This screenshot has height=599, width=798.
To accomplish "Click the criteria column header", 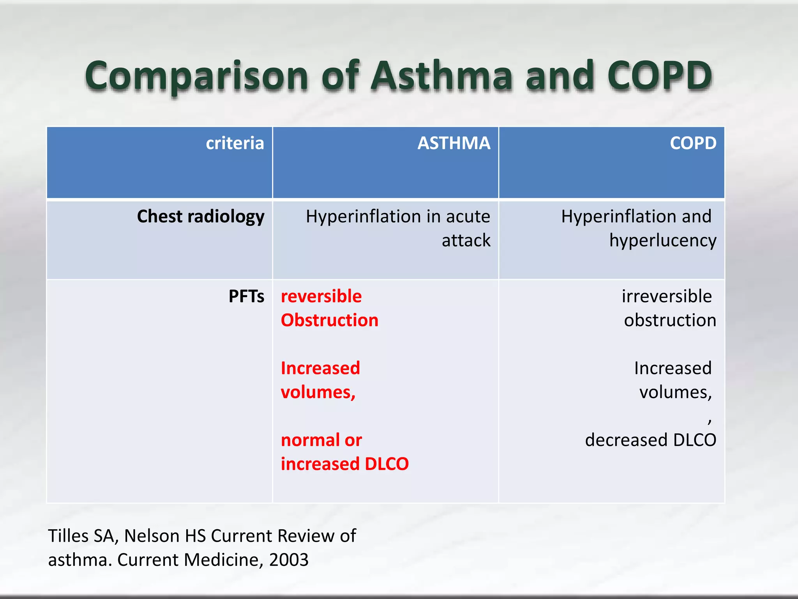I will click(x=235, y=143).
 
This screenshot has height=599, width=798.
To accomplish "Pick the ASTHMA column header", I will click(x=454, y=143).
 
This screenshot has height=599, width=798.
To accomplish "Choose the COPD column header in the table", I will click(x=693, y=143).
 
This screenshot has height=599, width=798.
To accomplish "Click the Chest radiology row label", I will click(x=200, y=216).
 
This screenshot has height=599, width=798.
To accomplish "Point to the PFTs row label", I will click(x=246, y=296).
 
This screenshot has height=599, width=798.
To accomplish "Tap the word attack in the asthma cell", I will click(x=466, y=240).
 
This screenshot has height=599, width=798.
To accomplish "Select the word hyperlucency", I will click(x=662, y=240).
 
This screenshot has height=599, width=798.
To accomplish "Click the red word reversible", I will click(x=321, y=296).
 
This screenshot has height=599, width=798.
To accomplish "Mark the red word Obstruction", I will click(x=330, y=320).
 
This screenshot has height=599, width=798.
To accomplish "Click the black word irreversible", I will click(x=666, y=296).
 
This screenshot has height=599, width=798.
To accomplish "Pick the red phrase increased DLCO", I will click(x=345, y=464).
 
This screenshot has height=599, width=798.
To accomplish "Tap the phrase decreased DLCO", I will click(x=650, y=440).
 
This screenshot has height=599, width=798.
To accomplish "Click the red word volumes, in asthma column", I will click(x=318, y=392).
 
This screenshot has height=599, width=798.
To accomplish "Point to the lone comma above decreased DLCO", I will click(x=710, y=420).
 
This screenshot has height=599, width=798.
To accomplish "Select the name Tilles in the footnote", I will click(x=69, y=536).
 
